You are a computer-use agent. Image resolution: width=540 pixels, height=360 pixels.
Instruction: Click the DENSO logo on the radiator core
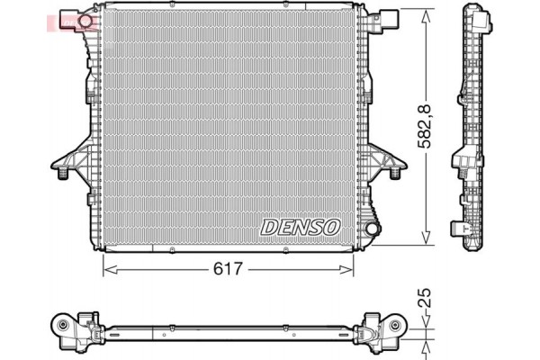click(300, 228)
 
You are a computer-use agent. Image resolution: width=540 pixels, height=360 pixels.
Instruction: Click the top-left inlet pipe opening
click(85, 19)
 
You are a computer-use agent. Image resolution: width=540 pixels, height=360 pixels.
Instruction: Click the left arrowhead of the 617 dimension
click(108, 268)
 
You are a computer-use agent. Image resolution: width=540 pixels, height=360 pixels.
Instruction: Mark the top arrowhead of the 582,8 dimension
click(426, 12)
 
